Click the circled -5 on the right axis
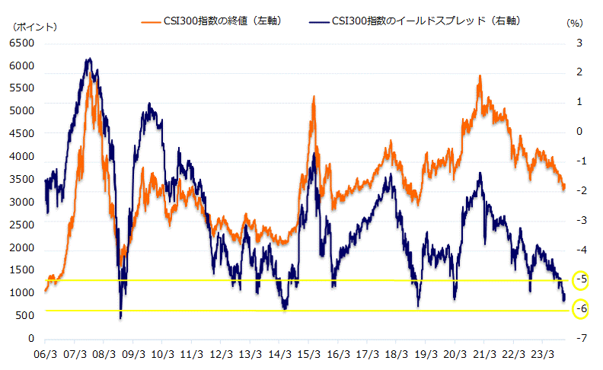(581, 279)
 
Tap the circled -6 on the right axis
(581, 309)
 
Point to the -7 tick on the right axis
(581, 339)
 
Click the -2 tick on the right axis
(581, 191)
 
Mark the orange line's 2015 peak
(313, 97)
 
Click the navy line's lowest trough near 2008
(120, 317)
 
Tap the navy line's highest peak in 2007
(89, 59)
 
